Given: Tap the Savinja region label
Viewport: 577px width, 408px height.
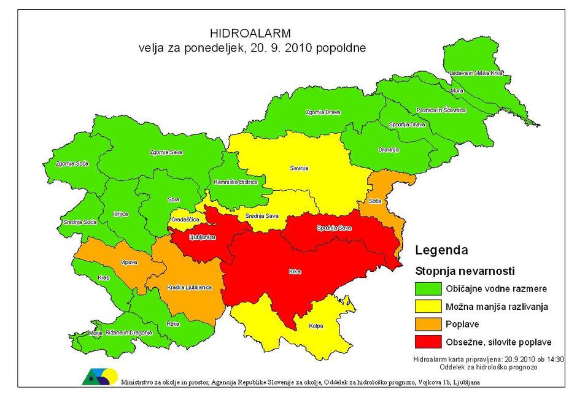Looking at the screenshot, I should pos(298,167).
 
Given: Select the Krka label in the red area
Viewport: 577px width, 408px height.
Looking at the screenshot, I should pos(295,271).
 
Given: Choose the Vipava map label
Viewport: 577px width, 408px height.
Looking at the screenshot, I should pos(129,262).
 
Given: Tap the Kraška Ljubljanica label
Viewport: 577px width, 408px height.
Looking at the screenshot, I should pos(189,287).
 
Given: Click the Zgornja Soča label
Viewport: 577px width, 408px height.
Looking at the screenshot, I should pos(72,164).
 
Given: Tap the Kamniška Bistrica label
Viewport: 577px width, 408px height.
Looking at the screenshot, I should pos(234,182).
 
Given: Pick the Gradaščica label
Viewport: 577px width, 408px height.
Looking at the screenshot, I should pos(184,219).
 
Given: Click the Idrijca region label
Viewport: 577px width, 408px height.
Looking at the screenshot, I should pos(120,214).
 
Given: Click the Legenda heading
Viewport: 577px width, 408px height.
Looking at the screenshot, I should pos(441,250).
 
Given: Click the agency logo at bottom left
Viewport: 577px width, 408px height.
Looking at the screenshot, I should pos(99,377).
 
